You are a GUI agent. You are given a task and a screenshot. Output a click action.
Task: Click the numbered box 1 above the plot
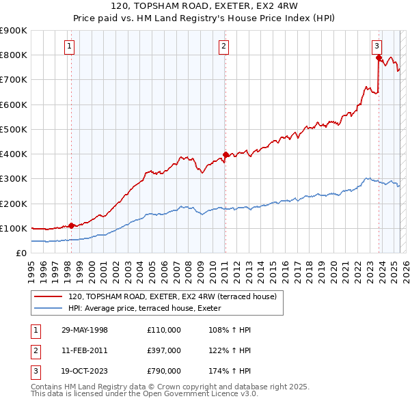(70, 46)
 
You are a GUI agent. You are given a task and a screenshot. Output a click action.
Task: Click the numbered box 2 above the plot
(224, 46)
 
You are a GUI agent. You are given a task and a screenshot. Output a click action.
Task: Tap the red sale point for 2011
(225, 154)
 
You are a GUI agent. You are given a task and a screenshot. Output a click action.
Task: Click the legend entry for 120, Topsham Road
(172, 296)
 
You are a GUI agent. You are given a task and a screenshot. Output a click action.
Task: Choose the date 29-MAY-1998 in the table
(84, 330)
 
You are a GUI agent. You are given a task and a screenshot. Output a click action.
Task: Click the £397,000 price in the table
(164, 350)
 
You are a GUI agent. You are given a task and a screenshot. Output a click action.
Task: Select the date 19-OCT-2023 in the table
(84, 371)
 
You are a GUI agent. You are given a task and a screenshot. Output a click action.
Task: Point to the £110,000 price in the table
(164, 330)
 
